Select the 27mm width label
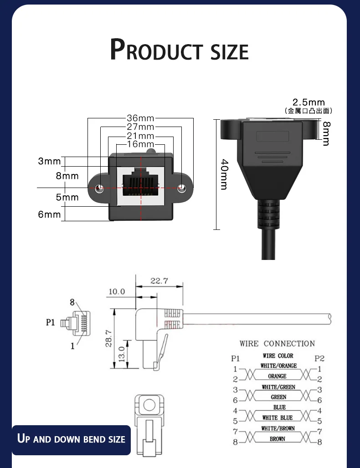pyautogui.click(x=140, y=127)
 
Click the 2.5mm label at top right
pyautogui.click(x=309, y=102)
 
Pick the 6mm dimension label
pyautogui.click(x=49, y=214)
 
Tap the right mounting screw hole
pyautogui.click(x=182, y=188)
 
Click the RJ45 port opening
pyautogui.click(x=141, y=182)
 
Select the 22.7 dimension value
pyautogui.click(x=159, y=281)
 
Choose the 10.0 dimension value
pyautogui.click(x=116, y=291)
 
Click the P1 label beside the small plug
pyautogui.click(x=51, y=322)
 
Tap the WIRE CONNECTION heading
pyautogui.click(x=277, y=344)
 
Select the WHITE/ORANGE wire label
pyautogui.click(x=278, y=366)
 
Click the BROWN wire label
pyautogui.click(x=277, y=439)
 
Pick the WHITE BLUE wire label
pyautogui.click(x=278, y=417)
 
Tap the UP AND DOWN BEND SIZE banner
pyautogui.click(x=71, y=439)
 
